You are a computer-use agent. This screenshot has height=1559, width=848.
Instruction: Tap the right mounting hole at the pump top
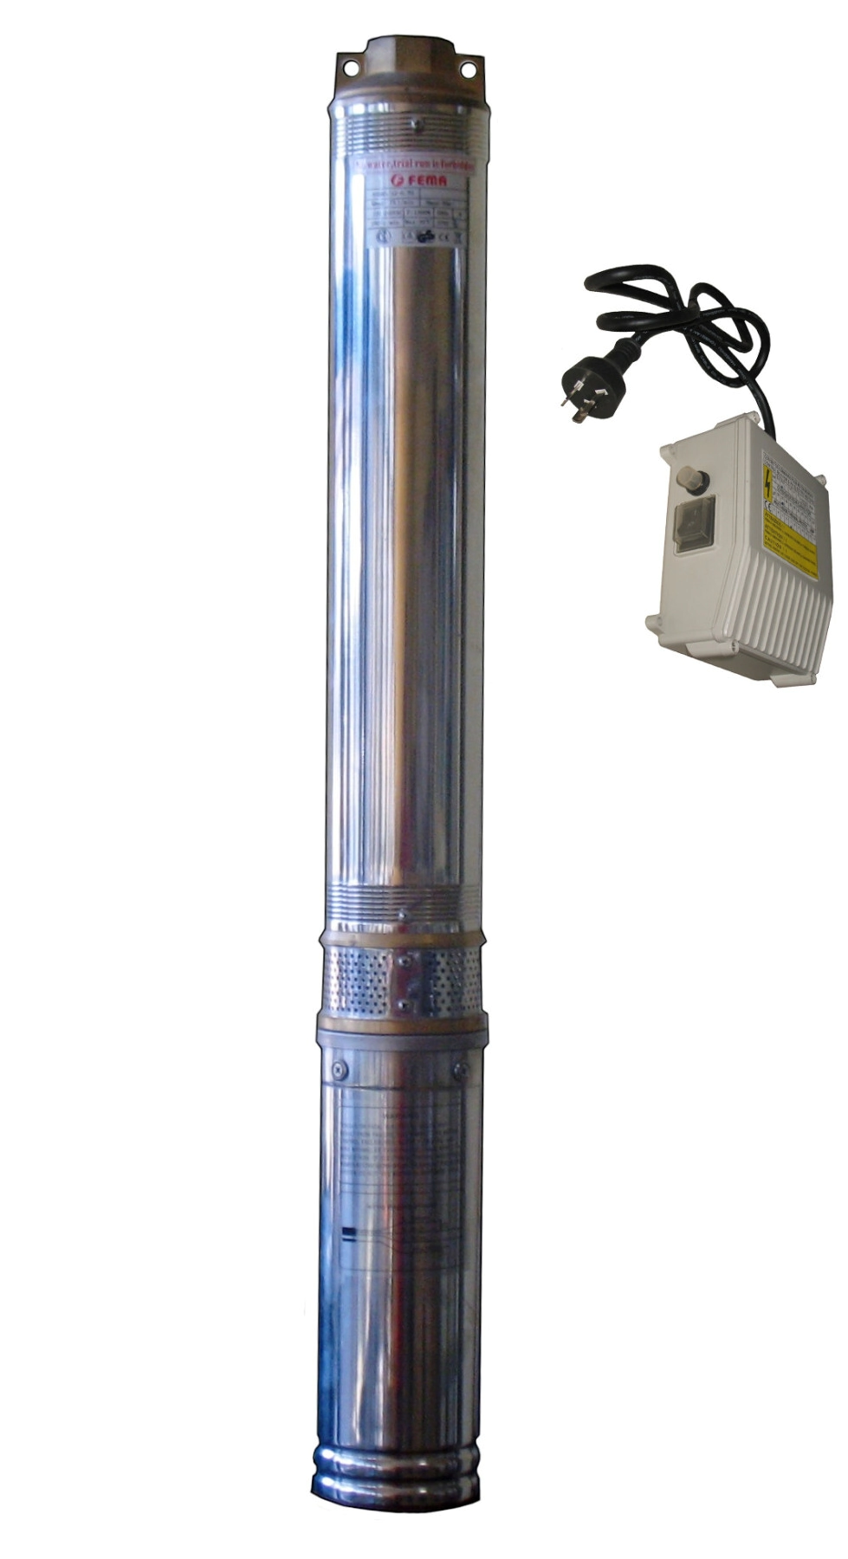click(469, 67)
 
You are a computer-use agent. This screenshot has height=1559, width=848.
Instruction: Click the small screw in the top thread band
click(419, 124)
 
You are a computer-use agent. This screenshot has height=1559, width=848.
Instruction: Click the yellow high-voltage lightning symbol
click(767, 483)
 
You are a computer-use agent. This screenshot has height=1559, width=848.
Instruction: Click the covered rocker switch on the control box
click(695, 524)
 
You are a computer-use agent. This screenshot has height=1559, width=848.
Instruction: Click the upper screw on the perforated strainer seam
click(404, 960)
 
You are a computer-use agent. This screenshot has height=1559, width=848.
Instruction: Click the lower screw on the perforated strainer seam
click(404, 1005)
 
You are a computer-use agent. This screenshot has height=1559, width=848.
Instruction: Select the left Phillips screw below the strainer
click(337, 1071)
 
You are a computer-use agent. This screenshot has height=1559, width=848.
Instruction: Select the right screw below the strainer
click(460, 1073)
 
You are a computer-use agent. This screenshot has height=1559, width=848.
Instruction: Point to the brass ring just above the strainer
click(403, 938)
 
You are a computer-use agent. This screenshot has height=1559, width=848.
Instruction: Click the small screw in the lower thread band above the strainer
click(404, 913)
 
